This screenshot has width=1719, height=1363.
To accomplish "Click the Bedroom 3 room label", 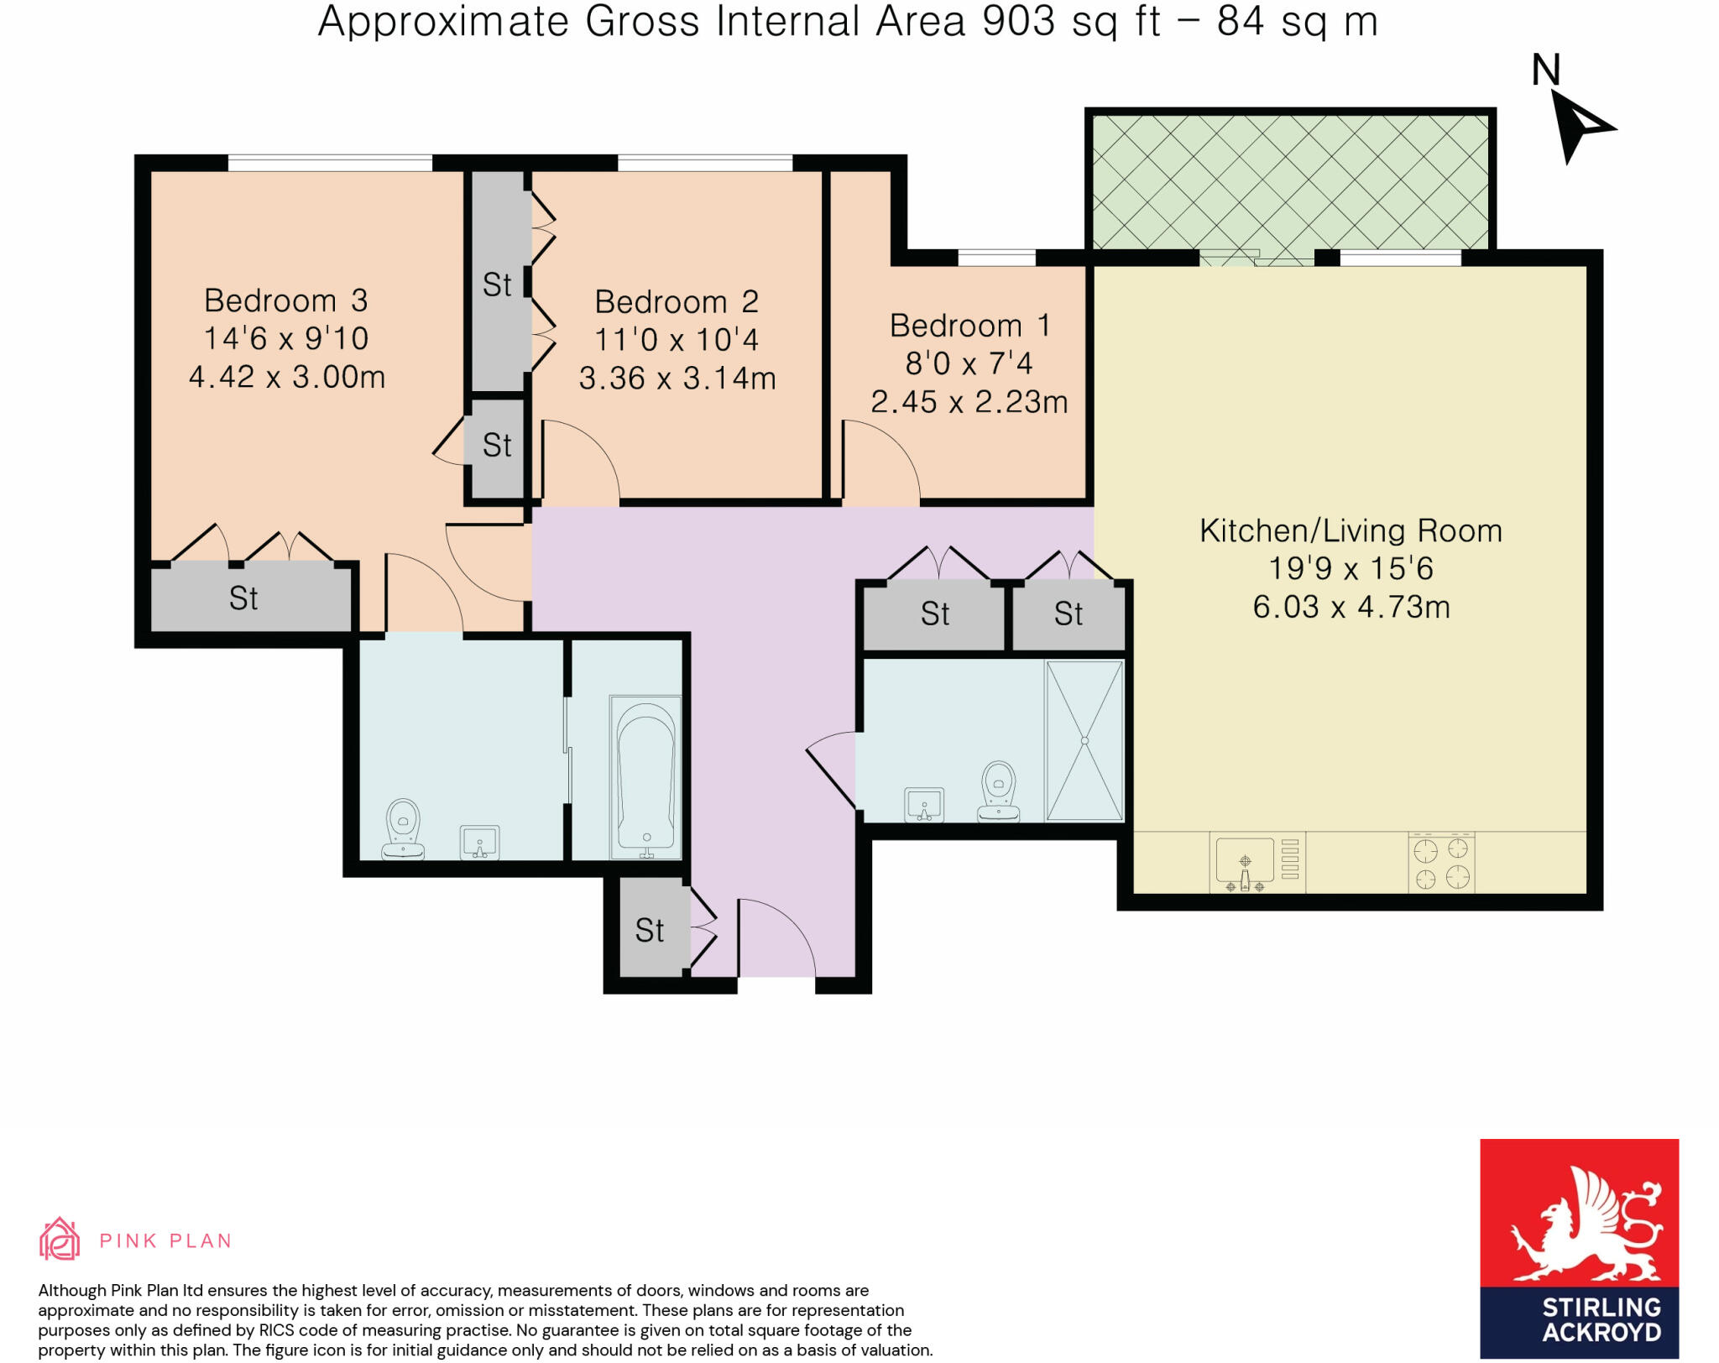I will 285,300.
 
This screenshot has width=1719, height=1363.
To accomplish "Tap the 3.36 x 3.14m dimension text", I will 677,379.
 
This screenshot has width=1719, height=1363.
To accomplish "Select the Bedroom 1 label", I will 969,326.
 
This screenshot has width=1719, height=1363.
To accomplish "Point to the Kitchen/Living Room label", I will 1350,530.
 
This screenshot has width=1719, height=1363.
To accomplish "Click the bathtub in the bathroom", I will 645,776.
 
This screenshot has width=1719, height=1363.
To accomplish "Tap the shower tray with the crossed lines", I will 1084,740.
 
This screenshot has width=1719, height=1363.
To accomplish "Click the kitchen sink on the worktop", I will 1245,862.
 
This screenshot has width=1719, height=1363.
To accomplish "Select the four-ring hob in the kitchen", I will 1441,863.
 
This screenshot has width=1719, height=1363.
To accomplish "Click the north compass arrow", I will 1577,126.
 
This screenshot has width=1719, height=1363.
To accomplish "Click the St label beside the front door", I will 649,930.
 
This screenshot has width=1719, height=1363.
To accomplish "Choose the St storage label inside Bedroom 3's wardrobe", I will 243,598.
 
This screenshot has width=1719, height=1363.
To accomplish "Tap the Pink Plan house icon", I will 60,1239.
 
